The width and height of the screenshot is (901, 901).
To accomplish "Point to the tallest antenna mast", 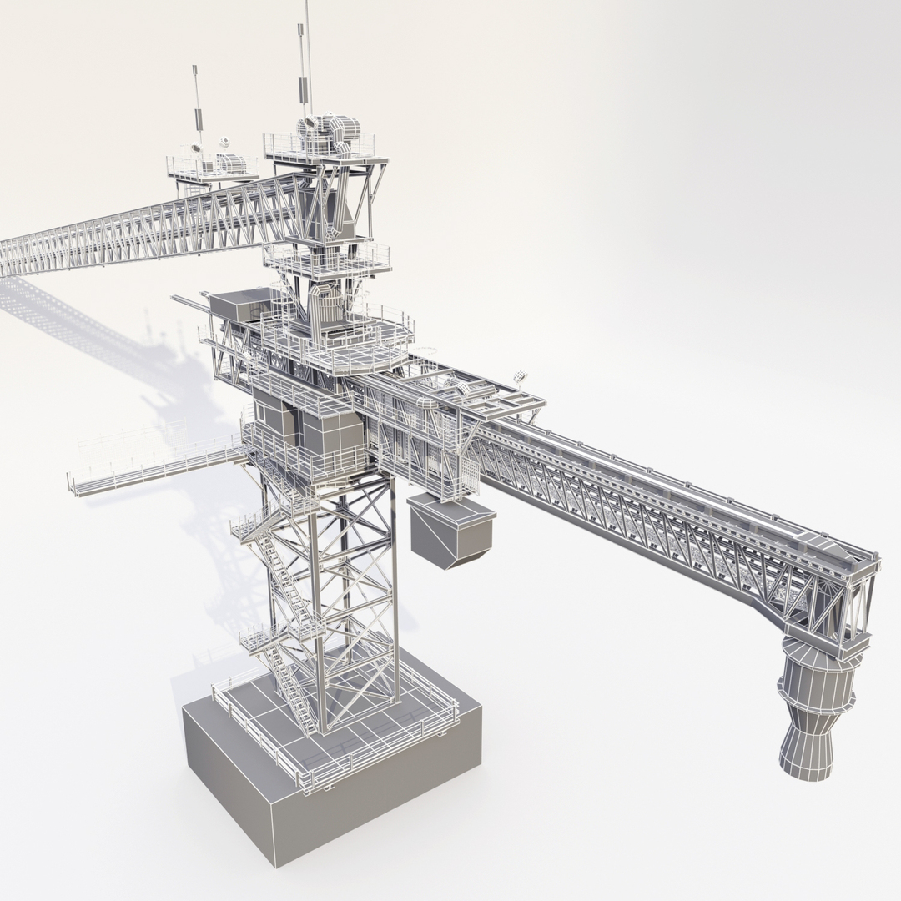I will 306,50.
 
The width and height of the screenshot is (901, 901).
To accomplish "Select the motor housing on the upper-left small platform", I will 235,163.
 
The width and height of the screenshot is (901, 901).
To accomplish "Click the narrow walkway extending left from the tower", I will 150,471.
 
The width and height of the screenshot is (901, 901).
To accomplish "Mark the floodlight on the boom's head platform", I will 519,377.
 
